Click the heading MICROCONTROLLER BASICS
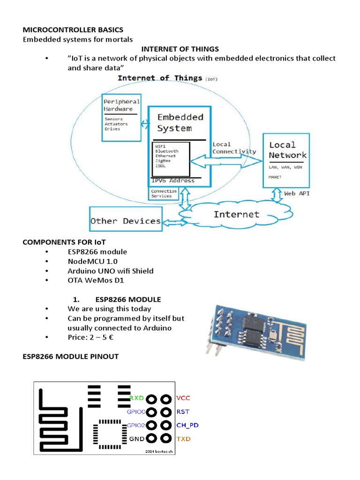tap(73, 30)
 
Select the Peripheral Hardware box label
tap(121, 105)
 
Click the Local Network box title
tap(288, 150)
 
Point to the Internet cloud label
tap(236, 214)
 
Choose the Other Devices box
tap(125, 221)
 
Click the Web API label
tap(296, 193)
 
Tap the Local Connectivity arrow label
tap(234, 148)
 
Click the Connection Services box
tap(164, 194)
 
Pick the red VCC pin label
tap(183, 398)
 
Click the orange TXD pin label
tap(183, 439)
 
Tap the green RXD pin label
tap(136, 398)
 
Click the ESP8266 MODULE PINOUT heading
tap(71, 357)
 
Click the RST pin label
tap(183, 412)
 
